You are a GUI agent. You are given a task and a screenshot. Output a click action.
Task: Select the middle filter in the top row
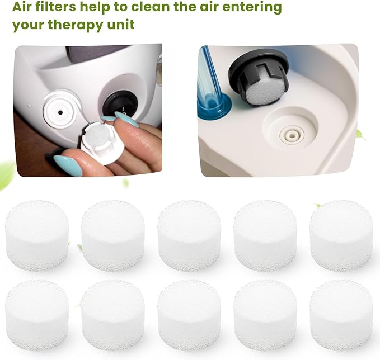[189, 235]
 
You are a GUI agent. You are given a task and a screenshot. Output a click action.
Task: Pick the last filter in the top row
[341, 235]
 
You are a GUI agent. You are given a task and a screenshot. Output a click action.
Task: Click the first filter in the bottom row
[36, 308]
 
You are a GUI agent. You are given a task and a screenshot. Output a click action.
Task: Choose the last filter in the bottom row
[341, 307]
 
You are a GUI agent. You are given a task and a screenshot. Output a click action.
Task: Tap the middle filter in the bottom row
[189, 307]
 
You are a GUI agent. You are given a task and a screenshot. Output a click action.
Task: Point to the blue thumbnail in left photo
[69, 164]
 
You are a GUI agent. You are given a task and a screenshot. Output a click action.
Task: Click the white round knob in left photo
[59, 108]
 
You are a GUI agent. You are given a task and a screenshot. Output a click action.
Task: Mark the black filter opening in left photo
[121, 103]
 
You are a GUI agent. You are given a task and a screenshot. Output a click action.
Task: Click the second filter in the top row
[112, 235]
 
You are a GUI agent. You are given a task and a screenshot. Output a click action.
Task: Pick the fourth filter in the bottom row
[265, 307]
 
